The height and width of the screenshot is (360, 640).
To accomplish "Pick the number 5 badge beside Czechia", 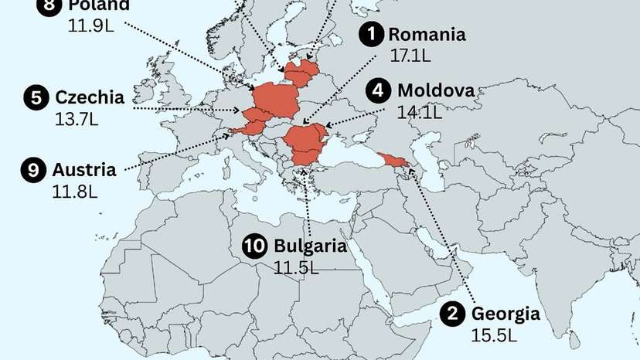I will [36, 97].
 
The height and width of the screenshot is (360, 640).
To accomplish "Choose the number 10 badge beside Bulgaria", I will [255, 246].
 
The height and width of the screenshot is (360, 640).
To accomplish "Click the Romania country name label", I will [427, 34].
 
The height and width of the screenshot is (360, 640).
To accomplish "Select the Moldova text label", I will [435, 91].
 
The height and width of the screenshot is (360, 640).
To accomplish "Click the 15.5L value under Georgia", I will [492, 335].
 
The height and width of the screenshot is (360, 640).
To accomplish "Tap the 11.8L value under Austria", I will [73, 192].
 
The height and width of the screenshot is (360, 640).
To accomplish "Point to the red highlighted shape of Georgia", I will [393, 161].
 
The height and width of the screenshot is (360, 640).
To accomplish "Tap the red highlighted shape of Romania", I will [305, 140].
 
